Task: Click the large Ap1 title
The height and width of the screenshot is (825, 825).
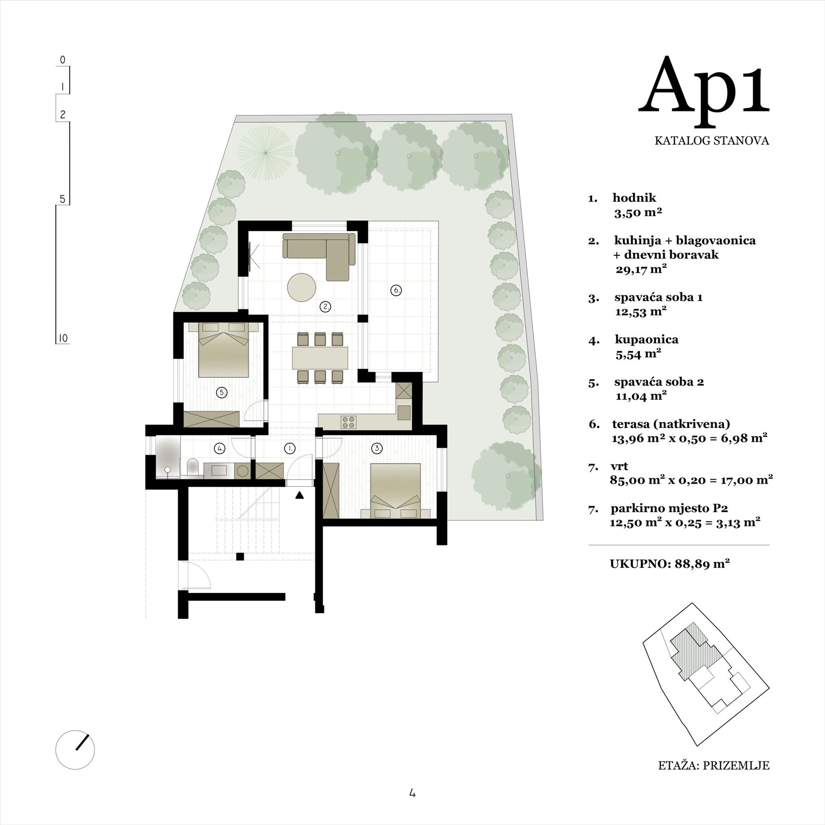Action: tap(704, 87)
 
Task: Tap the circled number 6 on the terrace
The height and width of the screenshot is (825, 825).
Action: tap(396, 290)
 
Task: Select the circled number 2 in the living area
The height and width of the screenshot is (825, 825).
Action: tap(325, 307)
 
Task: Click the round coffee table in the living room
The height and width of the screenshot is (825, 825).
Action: tap(302, 287)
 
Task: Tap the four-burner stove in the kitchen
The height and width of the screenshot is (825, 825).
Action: tap(349, 422)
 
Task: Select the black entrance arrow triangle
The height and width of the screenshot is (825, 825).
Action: tap(300, 496)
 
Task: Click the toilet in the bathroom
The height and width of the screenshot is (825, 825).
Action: tap(192, 467)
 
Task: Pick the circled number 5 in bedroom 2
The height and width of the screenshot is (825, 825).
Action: tap(222, 393)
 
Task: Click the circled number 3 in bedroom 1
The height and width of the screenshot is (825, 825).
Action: tap(378, 449)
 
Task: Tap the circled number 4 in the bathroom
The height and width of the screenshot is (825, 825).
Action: tap(220, 449)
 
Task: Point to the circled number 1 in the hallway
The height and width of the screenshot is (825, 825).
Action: tap(290, 449)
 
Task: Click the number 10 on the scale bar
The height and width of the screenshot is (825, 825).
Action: tap(63, 339)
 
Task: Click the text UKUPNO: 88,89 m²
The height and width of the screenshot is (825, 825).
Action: tap(669, 564)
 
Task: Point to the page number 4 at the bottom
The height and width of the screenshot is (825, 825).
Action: tap(412, 794)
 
